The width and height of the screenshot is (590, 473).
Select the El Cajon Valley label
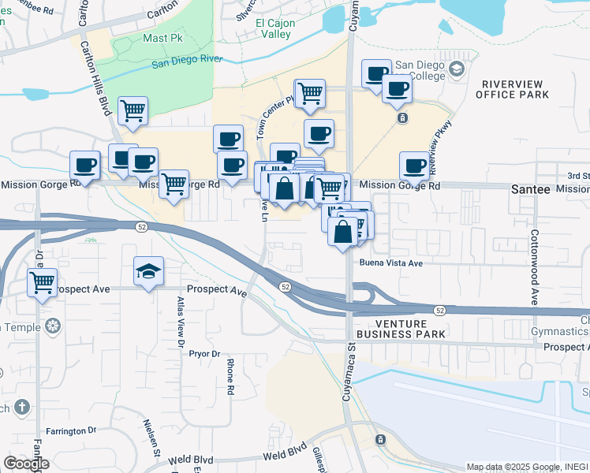pyautogui.click(x=275, y=28)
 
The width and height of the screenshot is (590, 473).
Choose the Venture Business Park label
pyautogui.click(x=401, y=329)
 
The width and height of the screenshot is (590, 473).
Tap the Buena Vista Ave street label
pyautogui.click(x=391, y=263)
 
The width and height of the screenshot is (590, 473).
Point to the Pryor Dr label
pyautogui.click(x=204, y=354)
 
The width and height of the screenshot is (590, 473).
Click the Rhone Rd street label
pyautogui.click(x=230, y=377)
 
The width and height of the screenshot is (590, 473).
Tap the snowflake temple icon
pyautogui.click(x=54, y=326)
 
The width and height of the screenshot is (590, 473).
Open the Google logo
pyautogui.click(x=26, y=464)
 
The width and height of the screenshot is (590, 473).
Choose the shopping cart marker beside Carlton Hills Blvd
pyautogui.click(x=133, y=110)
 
